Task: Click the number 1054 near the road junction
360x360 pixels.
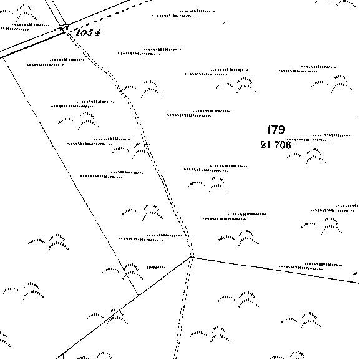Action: (88, 32)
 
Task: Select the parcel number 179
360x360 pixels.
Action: (276, 130)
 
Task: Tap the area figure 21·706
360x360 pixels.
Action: (276, 145)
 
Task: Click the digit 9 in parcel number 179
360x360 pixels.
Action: (281, 130)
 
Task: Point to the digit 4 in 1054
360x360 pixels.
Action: (97, 33)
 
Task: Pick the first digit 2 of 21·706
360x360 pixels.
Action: (263, 145)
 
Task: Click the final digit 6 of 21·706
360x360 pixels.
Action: (288, 145)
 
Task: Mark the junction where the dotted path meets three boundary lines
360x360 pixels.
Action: (192, 257)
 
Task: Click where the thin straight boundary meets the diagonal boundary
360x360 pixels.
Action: (139, 296)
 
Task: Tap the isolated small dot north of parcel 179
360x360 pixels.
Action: (225, 23)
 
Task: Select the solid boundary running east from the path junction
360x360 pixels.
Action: (276, 270)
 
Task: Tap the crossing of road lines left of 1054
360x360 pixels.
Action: (64, 29)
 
